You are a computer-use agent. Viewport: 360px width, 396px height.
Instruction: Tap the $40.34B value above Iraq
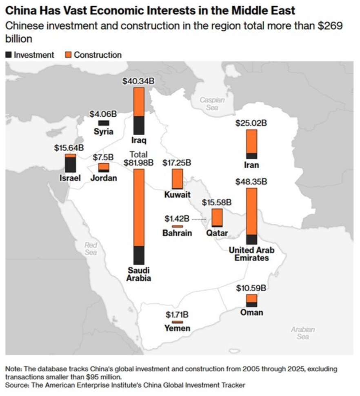click(139, 81)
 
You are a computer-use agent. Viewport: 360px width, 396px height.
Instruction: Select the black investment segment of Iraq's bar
click(139, 125)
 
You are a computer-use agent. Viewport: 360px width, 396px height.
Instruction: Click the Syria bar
click(103, 123)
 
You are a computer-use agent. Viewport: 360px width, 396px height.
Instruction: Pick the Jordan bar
click(104, 167)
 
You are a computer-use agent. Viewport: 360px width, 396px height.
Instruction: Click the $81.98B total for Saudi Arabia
click(138, 163)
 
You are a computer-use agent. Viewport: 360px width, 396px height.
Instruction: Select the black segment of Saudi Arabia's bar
click(139, 255)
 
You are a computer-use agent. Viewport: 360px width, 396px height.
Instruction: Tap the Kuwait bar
click(177, 179)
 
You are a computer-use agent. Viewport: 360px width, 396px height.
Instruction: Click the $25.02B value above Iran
click(251, 123)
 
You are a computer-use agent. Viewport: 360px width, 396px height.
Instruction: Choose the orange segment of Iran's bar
click(251, 141)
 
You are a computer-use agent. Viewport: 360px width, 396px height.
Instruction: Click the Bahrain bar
click(177, 226)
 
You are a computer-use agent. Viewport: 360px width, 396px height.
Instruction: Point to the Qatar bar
click(217, 217)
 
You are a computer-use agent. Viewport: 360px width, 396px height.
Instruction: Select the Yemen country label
click(177, 328)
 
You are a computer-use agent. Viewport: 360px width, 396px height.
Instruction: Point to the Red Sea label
click(91, 249)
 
